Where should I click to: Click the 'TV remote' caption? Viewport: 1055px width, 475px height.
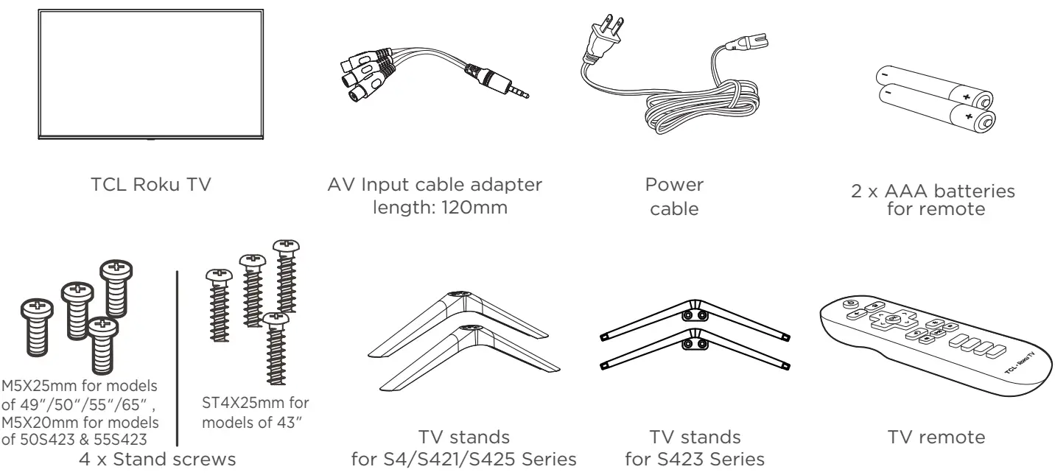pos(932,437)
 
